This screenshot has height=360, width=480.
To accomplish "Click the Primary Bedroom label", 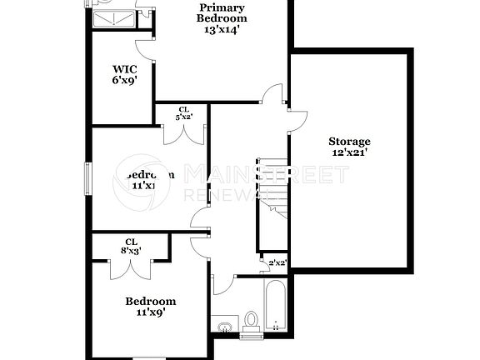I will [x=222, y=12].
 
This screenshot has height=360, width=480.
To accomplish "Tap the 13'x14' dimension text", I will [x=222, y=30].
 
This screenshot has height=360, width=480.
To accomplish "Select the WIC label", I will [x=125, y=69].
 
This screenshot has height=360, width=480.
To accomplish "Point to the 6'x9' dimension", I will [x=125, y=81].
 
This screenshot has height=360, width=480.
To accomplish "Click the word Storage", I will [x=349, y=141].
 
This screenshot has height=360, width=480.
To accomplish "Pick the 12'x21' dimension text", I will [x=349, y=152].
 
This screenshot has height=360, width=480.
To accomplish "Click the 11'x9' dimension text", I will [x=150, y=313].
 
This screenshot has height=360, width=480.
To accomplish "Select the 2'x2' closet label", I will [x=277, y=262].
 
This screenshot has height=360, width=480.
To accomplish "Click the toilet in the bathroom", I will [x=251, y=319].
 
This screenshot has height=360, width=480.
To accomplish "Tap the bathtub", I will [x=277, y=304].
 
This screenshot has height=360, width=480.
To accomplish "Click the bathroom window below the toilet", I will [x=251, y=336].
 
